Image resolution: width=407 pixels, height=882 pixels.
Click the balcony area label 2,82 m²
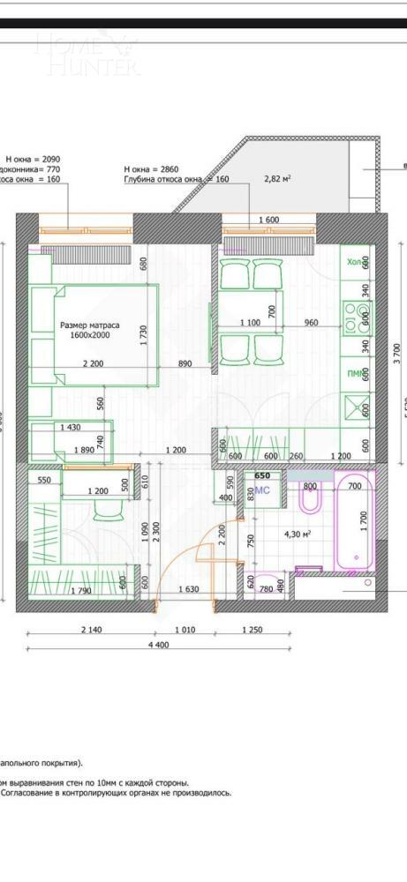coord(278,177)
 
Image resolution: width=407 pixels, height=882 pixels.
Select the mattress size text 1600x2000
coord(90,335)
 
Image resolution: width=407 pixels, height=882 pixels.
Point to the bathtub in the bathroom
coord(357,527)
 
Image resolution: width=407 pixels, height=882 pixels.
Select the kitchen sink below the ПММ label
coord(357,407)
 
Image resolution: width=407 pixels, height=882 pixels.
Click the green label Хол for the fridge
coord(354,262)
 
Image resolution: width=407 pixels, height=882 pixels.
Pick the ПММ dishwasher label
coord(355,375)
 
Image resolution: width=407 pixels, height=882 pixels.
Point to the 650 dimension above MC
coord(262,475)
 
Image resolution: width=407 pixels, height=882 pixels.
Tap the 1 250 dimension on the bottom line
coord(251,632)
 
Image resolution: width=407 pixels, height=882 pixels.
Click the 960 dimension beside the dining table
coord(310,322)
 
